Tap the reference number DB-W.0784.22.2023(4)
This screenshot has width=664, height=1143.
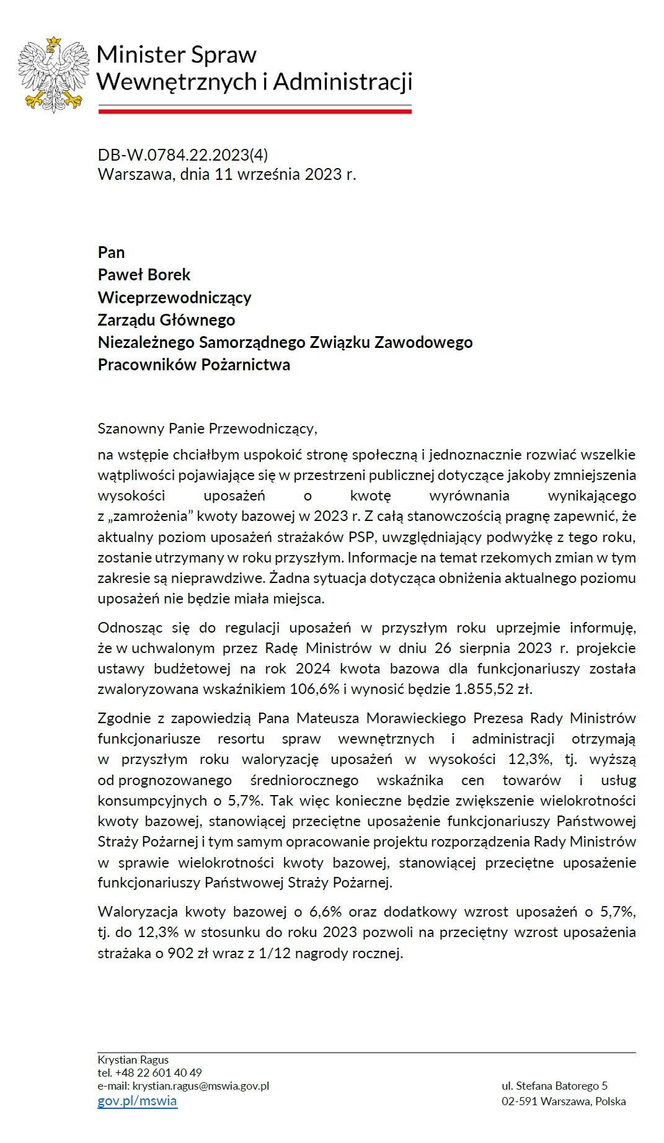coord(183,155)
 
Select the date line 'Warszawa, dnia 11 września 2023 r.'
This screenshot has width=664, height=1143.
coord(227,174)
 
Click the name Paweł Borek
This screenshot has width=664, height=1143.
coord(144,275)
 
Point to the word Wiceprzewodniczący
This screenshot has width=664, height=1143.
coord(174,298)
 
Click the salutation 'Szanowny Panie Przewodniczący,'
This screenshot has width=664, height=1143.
coord(207,429)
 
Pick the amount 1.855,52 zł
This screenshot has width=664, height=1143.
coord(493,689)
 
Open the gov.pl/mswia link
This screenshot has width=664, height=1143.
coord(137,1101)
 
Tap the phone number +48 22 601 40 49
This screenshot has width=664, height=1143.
coord(158,1072)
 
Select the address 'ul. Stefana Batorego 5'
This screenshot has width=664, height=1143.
coord(554,1085)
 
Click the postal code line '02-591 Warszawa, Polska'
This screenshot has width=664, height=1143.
coord(563,1101)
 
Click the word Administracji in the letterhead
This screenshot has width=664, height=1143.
coord(343,81)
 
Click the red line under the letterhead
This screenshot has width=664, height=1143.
coord(255,111)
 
